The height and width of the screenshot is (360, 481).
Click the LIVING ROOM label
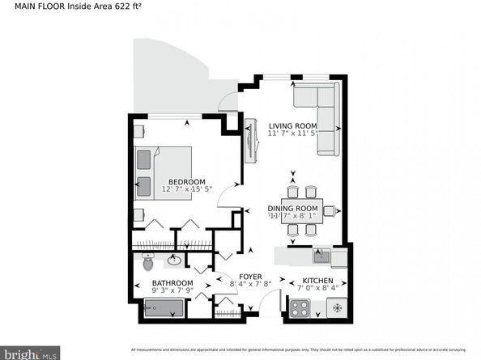coord(292,125)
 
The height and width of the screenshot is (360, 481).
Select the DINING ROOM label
coord(294,209)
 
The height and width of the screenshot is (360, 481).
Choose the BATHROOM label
coord(172,283)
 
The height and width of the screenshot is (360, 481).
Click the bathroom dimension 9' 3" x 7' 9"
coord(172,291)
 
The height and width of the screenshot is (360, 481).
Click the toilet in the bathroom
coord(147,262)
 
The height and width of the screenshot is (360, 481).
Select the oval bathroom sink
coord(173,260)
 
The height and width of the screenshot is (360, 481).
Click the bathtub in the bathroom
coord(164,309)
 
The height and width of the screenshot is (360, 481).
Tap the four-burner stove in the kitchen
coord(300,309)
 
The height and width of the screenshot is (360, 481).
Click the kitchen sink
coord(321,256)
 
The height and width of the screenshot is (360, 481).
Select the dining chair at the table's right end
coord(330,211)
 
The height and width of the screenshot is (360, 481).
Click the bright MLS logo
coord(30,354)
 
